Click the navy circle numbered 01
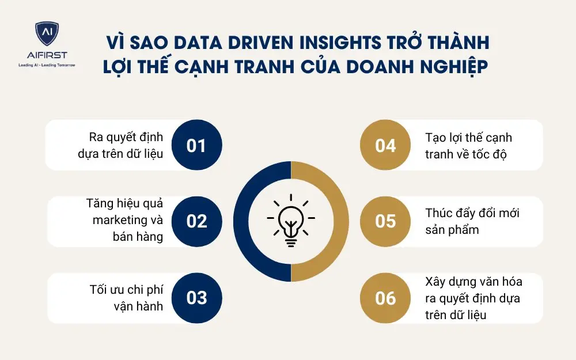click(196, 145)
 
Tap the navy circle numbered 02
click(196, 221)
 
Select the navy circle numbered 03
click(196, 298)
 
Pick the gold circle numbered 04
click(385, 145)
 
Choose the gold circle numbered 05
click(385, 221)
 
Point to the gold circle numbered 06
click(385, 298)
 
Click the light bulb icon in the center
click(291, 221)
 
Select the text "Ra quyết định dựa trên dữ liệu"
click(126, 145)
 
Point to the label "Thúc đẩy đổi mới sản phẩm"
click(472, 221)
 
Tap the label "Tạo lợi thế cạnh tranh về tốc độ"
click(468, 145)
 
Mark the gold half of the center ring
click(334, 221)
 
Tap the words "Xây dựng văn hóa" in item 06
click(473, 282)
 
